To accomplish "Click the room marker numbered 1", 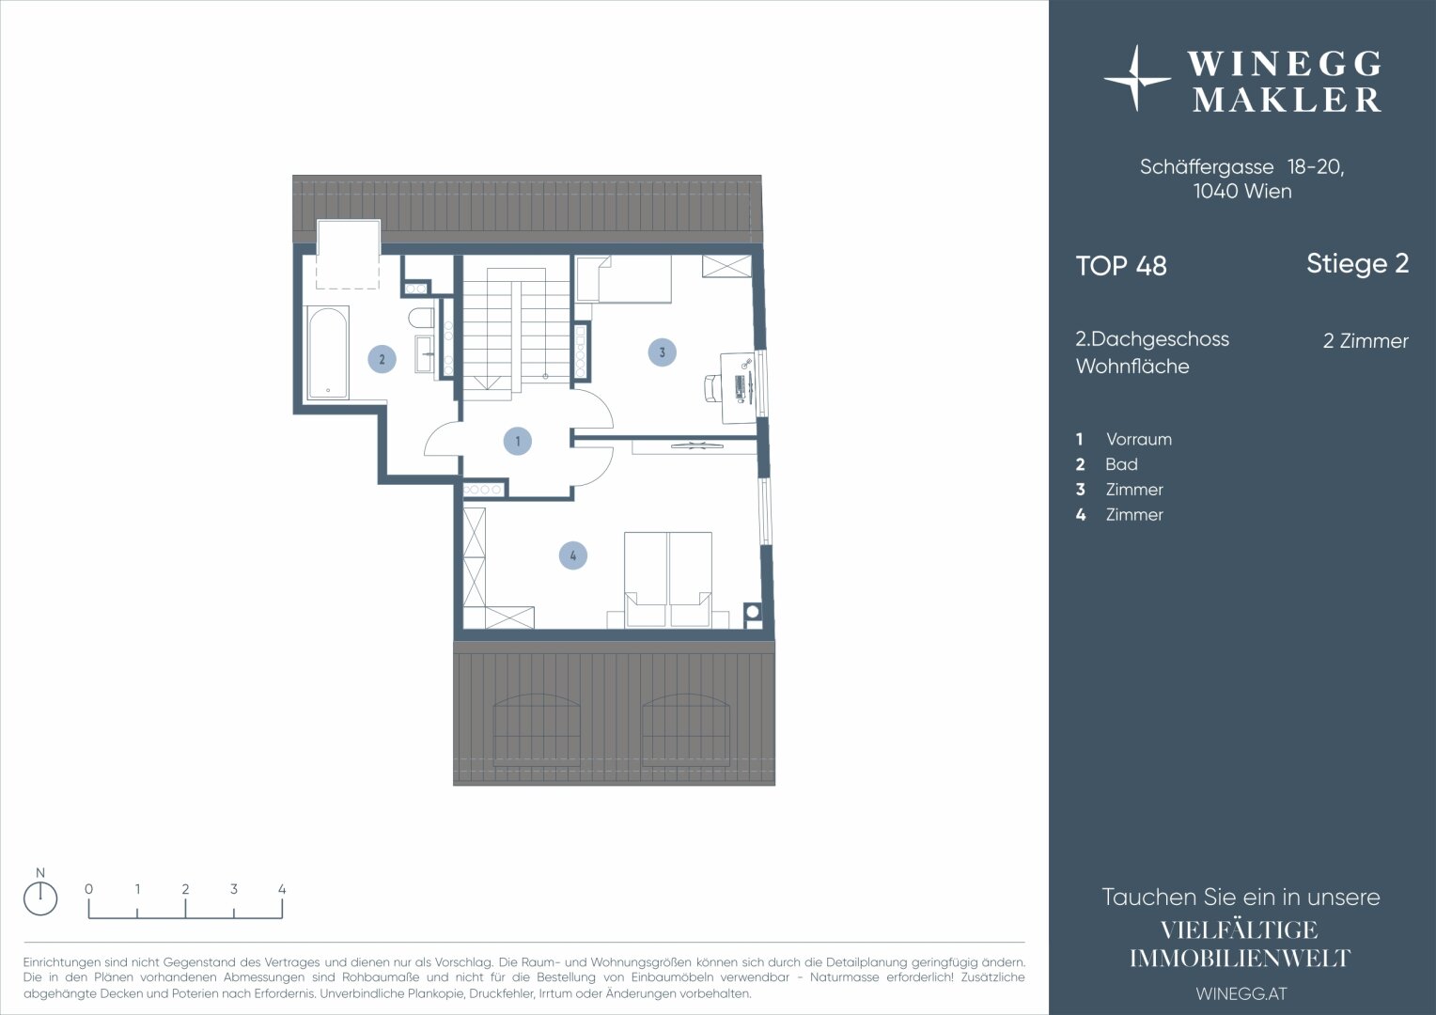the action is [x=517, y=441].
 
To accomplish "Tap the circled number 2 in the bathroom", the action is [x=382, y=359].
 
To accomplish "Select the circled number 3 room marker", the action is [x=663, y=352].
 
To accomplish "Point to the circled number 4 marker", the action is [x=573, y=555].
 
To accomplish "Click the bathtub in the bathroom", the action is [x=328, y=352].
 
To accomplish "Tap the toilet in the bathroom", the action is [x=421, y=318].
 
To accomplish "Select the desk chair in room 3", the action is [x=712, y=388].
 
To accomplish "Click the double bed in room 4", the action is [x=668, y=580].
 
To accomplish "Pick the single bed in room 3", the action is [x=624, y=278].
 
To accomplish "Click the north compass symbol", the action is [x=40, y=898].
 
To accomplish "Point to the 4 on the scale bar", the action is [x=282, y=889].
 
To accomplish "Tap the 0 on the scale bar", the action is [x=88, y=889].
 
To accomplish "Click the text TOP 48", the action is [x=1121, y=266].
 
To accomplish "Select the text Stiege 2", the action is [x=1358, y=263].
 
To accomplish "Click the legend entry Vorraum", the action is [x=1138, y=439].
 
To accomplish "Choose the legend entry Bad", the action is [x=1121, y=464].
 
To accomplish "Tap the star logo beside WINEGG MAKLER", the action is [x=1136, y=78].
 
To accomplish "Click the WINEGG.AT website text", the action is [x=1241, y=993].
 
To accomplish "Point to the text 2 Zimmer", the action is [x=1366, y=340].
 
